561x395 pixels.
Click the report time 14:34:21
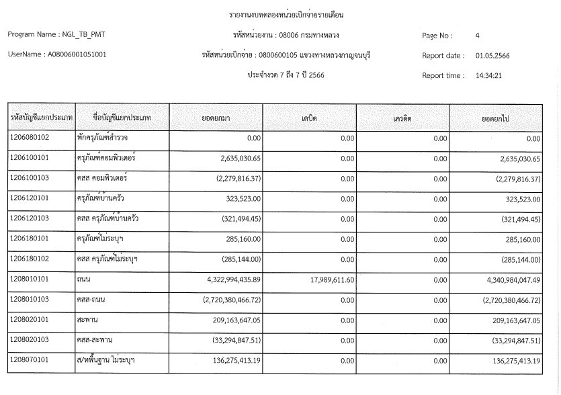tap(488, 75)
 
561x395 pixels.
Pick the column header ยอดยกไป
tap(498, 118)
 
